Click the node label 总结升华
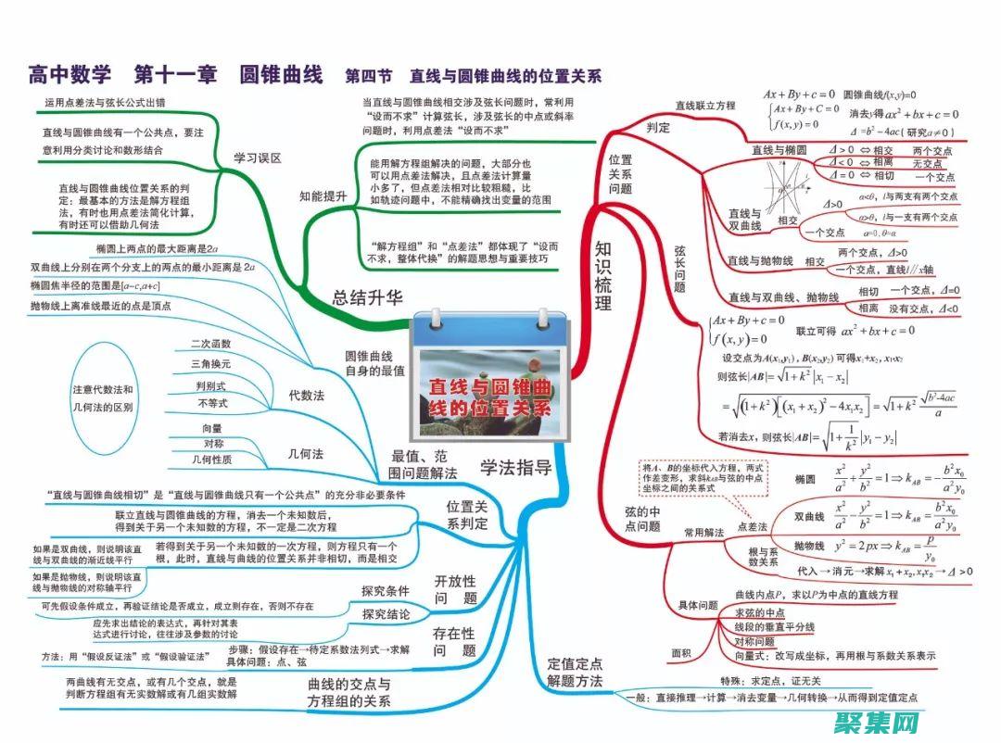369,296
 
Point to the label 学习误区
257,157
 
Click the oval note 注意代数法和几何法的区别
103,397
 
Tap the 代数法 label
306,395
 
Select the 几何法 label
306,453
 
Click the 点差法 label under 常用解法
752,526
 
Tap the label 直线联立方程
704,106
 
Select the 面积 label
681,652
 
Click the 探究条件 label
386,590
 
